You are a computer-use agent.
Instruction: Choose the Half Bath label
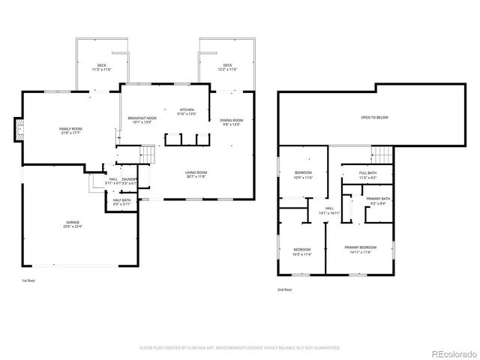121,201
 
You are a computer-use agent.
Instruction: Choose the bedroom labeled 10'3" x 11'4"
301,251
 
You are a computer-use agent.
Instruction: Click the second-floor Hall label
328,211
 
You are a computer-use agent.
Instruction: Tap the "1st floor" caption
28,280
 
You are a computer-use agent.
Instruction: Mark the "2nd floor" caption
284,289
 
